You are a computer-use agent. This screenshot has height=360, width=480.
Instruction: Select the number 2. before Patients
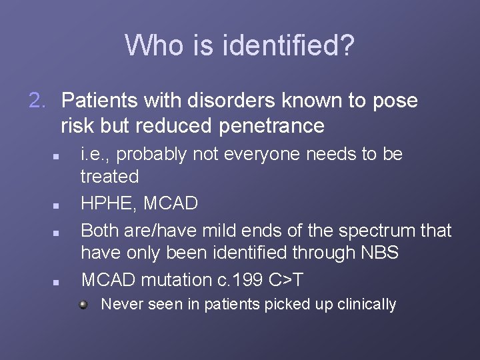click(39, 101)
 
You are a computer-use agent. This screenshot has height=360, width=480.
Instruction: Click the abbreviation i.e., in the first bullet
click(97, 154)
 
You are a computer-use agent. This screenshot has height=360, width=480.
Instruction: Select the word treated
click(109, 177)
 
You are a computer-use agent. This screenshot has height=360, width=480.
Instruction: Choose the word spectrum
click(377, 231)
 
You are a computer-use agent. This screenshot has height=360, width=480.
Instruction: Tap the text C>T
click(292, 280)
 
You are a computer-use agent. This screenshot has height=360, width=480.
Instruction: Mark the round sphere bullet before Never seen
click(83, 305)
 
